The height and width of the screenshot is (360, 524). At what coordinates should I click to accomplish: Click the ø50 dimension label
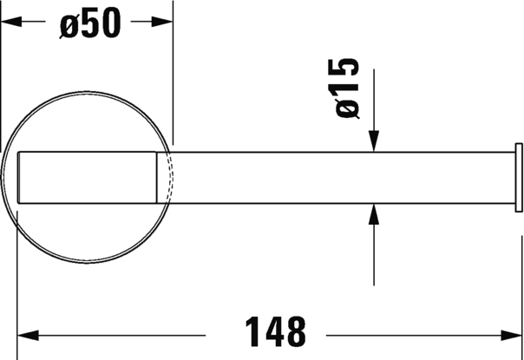pos(90,23)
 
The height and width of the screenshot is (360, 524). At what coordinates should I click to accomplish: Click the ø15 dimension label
pos(347,88)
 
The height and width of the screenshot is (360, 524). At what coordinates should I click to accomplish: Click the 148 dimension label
pos(276,331)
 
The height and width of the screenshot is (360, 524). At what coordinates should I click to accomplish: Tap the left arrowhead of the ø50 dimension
pos(11,22)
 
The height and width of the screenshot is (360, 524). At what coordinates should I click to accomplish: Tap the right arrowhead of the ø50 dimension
pos(162,22)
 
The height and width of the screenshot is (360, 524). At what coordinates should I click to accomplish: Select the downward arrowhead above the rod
pos(374,141)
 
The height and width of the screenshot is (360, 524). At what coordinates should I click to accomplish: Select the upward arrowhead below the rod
pos(374,214)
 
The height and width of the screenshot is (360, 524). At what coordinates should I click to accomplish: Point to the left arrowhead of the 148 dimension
pos(28,335)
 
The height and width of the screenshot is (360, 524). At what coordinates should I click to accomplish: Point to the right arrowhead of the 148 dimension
pos(511,335)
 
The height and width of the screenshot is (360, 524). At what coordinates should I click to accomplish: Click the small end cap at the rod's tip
pos(519,178)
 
